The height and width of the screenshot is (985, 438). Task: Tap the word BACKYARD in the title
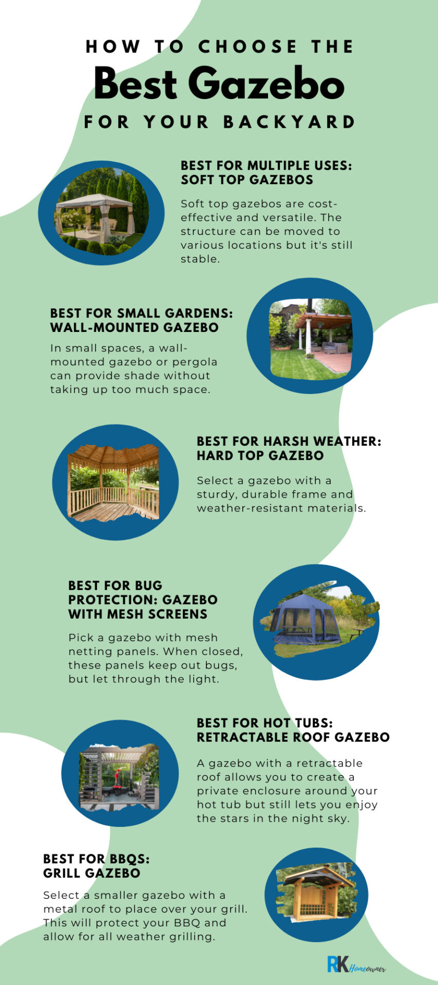point(290,122)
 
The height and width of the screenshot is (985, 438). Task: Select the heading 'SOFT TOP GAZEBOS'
point(247,180)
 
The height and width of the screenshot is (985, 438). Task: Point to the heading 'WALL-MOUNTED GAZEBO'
point(135,327)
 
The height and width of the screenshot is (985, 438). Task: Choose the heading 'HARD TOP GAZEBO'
point(260,456)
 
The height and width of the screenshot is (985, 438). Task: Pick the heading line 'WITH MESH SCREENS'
point(138,614)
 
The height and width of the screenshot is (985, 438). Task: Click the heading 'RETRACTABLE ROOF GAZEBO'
point(293,737)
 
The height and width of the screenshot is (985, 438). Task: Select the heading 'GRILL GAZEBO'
point(91,873)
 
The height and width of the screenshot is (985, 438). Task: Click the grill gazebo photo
point(316,894)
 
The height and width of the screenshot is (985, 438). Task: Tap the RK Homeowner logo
point(356,964)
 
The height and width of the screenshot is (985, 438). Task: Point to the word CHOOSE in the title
point(248,47)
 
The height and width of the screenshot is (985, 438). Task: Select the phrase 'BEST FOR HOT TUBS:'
point(265,723)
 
